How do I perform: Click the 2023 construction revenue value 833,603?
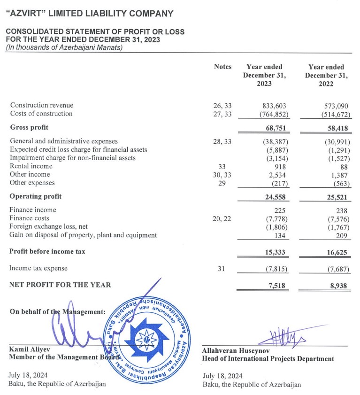pos(274,105)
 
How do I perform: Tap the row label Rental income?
pos(31,166)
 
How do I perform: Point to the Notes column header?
pos(222,67)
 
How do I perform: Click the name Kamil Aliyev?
pos(30,349)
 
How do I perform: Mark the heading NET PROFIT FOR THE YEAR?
pos(60,285)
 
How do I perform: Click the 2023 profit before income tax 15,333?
pos(275,252)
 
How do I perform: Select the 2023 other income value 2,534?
pos(277,174)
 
